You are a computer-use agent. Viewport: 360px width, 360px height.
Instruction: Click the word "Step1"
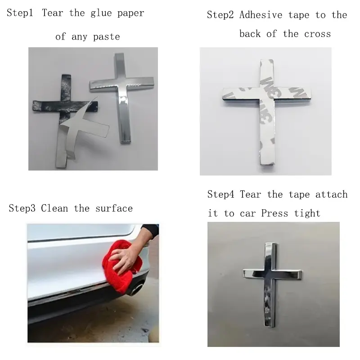(20, 13)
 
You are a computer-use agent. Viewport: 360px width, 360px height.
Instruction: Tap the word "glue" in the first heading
(101, 13)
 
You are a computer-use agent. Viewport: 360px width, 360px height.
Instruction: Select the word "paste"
(107, 37)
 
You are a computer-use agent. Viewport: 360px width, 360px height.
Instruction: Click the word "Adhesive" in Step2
(261, 15)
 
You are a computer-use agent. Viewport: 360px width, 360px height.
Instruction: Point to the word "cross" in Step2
(318, 34)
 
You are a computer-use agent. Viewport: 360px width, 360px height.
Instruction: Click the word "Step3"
(22, 208)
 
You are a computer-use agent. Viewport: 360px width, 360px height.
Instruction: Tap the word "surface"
(114, 208)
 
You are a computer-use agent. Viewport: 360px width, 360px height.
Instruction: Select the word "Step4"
(220, 194)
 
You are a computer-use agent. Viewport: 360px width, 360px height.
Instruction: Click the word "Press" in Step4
(274, 213)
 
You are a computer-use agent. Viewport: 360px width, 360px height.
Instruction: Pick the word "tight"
(307, 213)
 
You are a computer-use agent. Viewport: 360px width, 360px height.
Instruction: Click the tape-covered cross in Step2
(267, 110)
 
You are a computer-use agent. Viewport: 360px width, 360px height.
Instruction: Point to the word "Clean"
(54, 208)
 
